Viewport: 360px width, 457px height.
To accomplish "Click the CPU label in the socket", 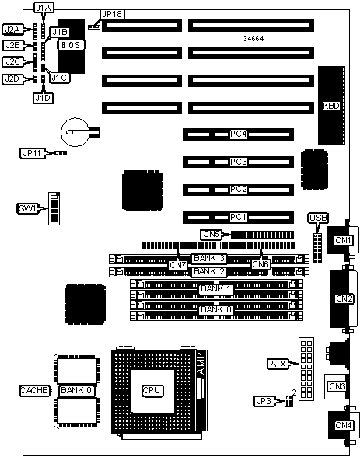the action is pos(152,390).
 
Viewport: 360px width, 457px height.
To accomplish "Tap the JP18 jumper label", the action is pos(112,14).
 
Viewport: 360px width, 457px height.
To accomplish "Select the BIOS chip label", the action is pos(70,45).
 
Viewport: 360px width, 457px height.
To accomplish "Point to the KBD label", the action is pos(331,106).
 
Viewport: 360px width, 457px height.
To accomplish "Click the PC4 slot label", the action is pos(239,134).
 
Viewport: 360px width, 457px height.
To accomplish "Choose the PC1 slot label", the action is pos(239,218).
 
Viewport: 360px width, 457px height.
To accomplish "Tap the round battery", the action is pos(75,132).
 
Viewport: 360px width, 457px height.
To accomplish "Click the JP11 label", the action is pos(32,153).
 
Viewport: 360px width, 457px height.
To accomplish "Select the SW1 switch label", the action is pos(27,208).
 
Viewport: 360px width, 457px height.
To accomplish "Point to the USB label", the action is pos(318,218).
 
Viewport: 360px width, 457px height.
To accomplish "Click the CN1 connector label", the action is pos(343,240).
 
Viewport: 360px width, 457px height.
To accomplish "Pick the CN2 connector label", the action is pos(344,298).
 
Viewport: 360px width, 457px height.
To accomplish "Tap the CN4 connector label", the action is pos(344,425).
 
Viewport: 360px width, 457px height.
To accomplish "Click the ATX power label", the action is pos(278,364).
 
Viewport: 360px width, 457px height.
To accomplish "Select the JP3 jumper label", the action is pos(264,401).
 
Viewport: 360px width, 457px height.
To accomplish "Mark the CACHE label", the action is pos(34,390).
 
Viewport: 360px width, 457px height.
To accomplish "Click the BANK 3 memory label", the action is pos(209,258).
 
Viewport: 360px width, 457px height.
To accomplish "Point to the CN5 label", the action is pos(211,234).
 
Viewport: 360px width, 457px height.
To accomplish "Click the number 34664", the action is pos(253,39).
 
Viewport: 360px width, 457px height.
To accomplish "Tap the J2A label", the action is pos(12,30).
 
